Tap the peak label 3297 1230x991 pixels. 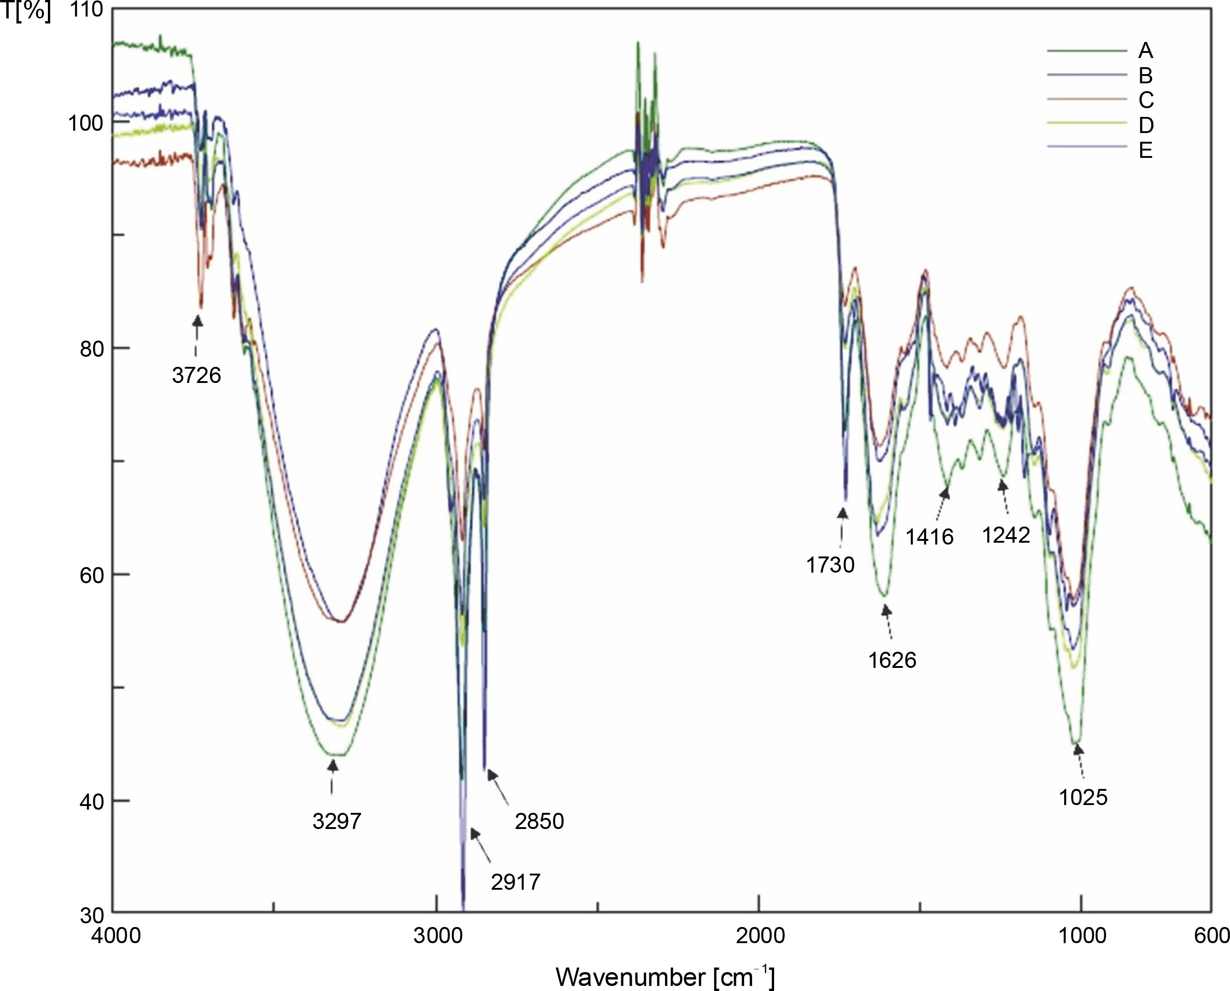pos(337,821)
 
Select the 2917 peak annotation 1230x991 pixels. pos(515,882)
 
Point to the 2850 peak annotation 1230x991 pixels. pos(539,821)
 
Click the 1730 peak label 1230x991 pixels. pos(830,565)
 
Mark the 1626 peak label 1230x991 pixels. pos(892,660)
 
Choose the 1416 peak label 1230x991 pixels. pos(930,537)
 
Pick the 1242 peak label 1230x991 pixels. pos(1006,535)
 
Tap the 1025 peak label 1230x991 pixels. pos(1083,798)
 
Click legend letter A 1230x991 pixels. pos(1145,51)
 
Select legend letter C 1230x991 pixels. pos(1145,100)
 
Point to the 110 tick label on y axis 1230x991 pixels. pos(86,10)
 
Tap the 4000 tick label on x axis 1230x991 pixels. pos(116,936)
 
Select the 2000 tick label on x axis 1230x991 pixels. pos(759,936)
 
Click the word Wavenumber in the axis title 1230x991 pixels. pos(630,977)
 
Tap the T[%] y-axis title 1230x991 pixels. pos(26,12)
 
